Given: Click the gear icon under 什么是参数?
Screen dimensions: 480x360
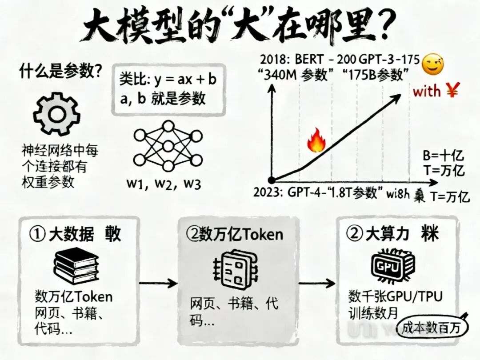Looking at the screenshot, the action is click(x=56, y=115).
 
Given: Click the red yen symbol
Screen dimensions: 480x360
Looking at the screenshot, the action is click(x=453, y=91).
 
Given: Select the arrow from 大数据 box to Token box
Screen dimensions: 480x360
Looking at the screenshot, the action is click(x=158, y=283).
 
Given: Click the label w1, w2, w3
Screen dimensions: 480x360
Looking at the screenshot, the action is click(x=164, y=183).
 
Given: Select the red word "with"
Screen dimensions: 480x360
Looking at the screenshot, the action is click(x=427, y=92).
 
